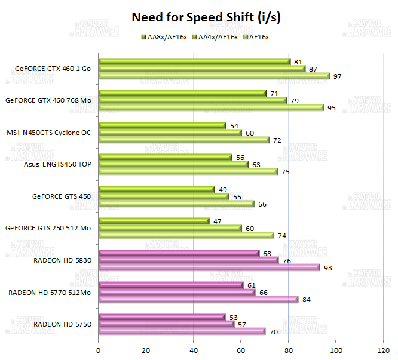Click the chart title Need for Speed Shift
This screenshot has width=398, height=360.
pos(206,18)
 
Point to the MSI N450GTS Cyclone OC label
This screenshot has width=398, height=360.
pos(48,133)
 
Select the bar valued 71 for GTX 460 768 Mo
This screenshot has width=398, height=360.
pos(182,93)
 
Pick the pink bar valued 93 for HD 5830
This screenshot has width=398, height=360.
pos(209,267)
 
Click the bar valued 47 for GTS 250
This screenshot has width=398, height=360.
pos(154,221)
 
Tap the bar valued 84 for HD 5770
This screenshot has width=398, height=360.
pos(198,299)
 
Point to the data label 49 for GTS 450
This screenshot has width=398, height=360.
pos(222,189)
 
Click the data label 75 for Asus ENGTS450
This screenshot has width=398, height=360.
pos(286,172)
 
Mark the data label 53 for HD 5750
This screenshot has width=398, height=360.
pos(233,317)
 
